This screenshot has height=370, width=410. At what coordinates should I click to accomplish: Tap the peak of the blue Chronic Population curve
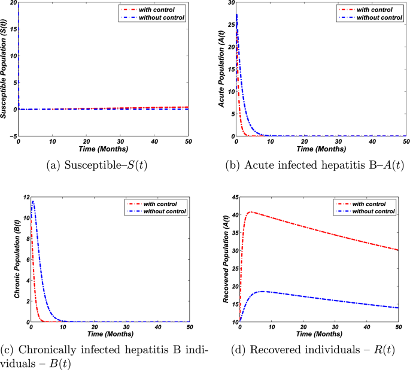click(34, 201)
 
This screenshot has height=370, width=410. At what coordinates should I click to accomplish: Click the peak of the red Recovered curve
click(251, 211)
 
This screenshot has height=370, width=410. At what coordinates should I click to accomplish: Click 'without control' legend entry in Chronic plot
click(159, 211)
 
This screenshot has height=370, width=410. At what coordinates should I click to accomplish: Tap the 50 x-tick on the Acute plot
click(405, 142)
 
